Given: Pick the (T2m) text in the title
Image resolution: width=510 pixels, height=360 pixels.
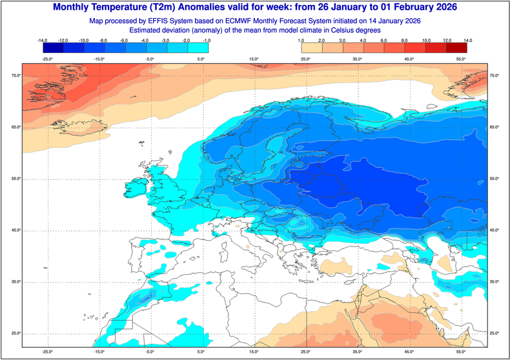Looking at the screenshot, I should coord(174,7).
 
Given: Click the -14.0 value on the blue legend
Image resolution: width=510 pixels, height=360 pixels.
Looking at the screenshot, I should coord(43,40).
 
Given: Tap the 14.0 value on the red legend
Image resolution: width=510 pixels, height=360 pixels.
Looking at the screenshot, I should coord(467,40).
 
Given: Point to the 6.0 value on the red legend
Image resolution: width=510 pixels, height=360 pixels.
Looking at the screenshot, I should coord(385,40).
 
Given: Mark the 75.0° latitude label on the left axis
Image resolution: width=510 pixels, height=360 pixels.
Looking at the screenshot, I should coord(15,76).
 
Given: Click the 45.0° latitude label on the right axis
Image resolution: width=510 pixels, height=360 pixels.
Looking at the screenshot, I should coord(495,230).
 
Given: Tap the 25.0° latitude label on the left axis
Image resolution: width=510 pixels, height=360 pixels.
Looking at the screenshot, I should coord(15,333).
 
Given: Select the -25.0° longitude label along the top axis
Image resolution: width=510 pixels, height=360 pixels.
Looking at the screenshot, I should coord(46,59).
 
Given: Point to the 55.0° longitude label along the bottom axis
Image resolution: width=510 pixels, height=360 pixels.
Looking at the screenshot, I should coord(461,352).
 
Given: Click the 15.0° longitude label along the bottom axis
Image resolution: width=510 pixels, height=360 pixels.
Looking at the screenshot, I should coord(254,352).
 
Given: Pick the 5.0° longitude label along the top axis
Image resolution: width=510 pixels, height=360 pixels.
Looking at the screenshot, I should coord(201,59).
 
